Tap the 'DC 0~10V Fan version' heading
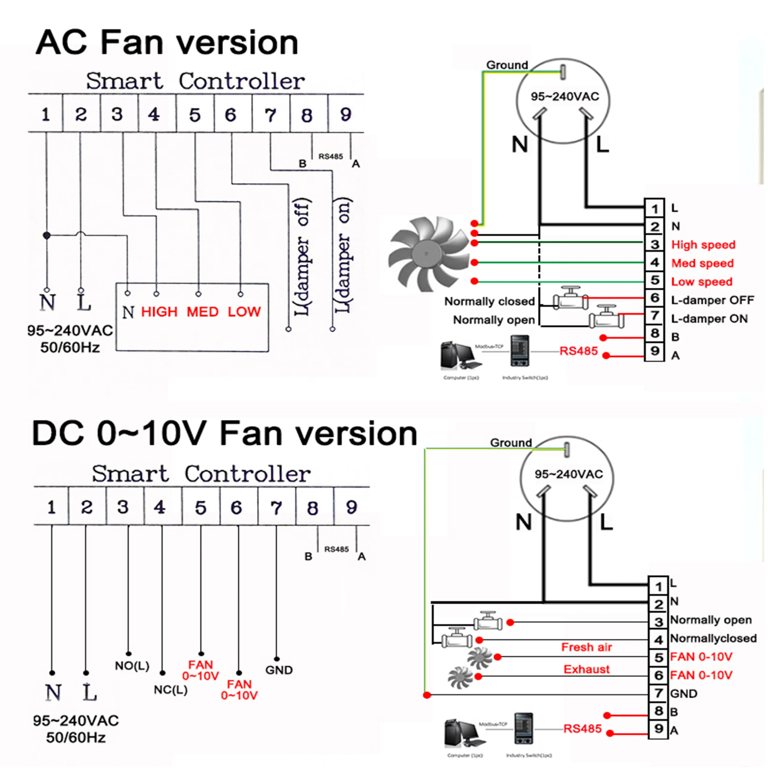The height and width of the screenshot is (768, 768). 225,433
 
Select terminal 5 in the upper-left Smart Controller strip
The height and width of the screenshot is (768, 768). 195,115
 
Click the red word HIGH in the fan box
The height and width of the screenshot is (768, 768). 159,312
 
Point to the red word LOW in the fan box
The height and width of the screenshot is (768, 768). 244,312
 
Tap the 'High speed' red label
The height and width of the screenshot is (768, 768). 703,244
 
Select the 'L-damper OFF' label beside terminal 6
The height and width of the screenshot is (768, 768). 712,300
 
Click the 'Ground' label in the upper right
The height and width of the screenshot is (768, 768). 507,65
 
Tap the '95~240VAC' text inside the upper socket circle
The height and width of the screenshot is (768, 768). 564,97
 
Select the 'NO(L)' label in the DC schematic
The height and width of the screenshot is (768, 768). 132,666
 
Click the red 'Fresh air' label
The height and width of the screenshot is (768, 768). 586,647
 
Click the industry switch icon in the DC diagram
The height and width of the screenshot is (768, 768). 523,728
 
